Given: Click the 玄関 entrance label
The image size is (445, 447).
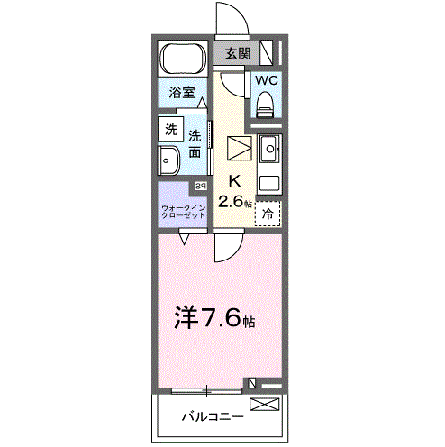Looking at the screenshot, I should click(x=237, y=53).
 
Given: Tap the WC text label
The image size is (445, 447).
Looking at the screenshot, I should click(x=267, y=80).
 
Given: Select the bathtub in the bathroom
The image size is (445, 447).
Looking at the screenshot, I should click(x=184, y=59).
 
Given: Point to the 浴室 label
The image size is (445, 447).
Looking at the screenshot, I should click(x=182, y=91).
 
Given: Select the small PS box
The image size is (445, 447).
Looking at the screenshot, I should click(x=200, y=187).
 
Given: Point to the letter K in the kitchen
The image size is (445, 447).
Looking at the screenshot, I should click(x=233, y=179).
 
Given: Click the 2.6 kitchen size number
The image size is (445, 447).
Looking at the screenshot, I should click(x=232, y=201).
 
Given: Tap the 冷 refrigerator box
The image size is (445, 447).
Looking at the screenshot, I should click(x=268, y=214).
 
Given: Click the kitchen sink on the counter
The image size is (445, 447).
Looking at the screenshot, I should click(x=268, y=145).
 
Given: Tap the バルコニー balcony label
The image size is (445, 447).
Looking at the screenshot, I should click(x=212, y=416).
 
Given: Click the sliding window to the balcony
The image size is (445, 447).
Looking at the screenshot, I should click(x=207, y=390).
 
